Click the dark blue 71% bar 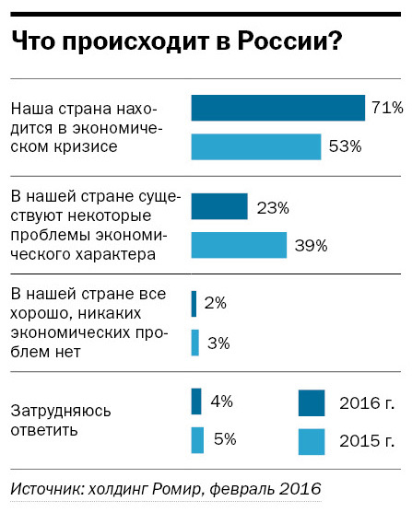pos(277,108)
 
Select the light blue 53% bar pos(255,146)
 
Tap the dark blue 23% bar pos(219,206)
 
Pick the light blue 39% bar pos(239,245)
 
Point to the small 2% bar pos(194,303)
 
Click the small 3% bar pos(194,343)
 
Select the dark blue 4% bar pos(195,402)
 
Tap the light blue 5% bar pos(197,439)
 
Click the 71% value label pos(387,108)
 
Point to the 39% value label pos(311,245)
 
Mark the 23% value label pos(272,206)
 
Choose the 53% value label pos(345,146)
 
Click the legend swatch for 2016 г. pos(312,402)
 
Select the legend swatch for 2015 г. pos(312,440)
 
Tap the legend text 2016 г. pos(367,402)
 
